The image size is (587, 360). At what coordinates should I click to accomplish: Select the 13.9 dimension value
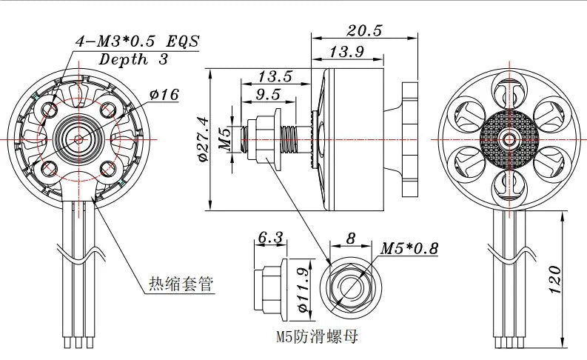click(346, 51)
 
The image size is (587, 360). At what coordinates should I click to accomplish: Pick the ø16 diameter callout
click(164, 94)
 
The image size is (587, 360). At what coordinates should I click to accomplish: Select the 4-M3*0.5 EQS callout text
click(137, 42)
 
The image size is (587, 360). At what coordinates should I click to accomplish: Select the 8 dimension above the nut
click(351, 238)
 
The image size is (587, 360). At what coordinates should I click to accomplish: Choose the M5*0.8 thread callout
click(409, 248)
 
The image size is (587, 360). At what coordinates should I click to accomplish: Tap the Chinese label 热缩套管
click(181, 284)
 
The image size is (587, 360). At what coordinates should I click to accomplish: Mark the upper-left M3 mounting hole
click(50, 110)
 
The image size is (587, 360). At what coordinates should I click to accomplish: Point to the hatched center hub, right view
click(508, 139)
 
